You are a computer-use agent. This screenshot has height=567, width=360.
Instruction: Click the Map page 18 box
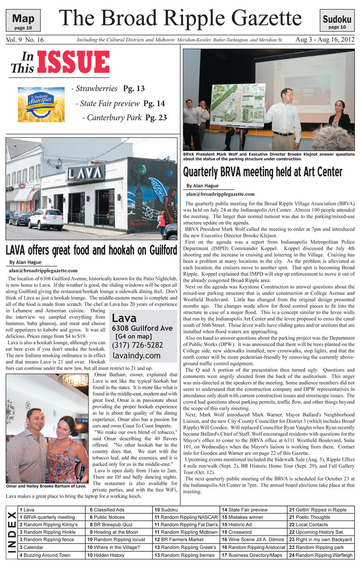click(x=23, y=21)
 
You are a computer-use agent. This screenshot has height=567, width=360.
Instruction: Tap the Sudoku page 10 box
click(x=337, y=21)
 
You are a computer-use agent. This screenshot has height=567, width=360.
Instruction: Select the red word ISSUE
click(x=74, y=62)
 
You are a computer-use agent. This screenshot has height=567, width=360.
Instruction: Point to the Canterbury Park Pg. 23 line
click(x=125, y=118)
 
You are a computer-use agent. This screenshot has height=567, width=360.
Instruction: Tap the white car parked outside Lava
click(x=45, y=219)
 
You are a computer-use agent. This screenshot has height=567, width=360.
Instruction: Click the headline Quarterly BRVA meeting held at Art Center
click(x=262, y=172)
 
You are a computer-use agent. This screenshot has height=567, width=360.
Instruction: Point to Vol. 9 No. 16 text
click(x=25, y=40)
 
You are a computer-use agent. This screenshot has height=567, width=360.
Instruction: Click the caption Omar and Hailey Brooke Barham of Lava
click(x=46, y=486)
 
